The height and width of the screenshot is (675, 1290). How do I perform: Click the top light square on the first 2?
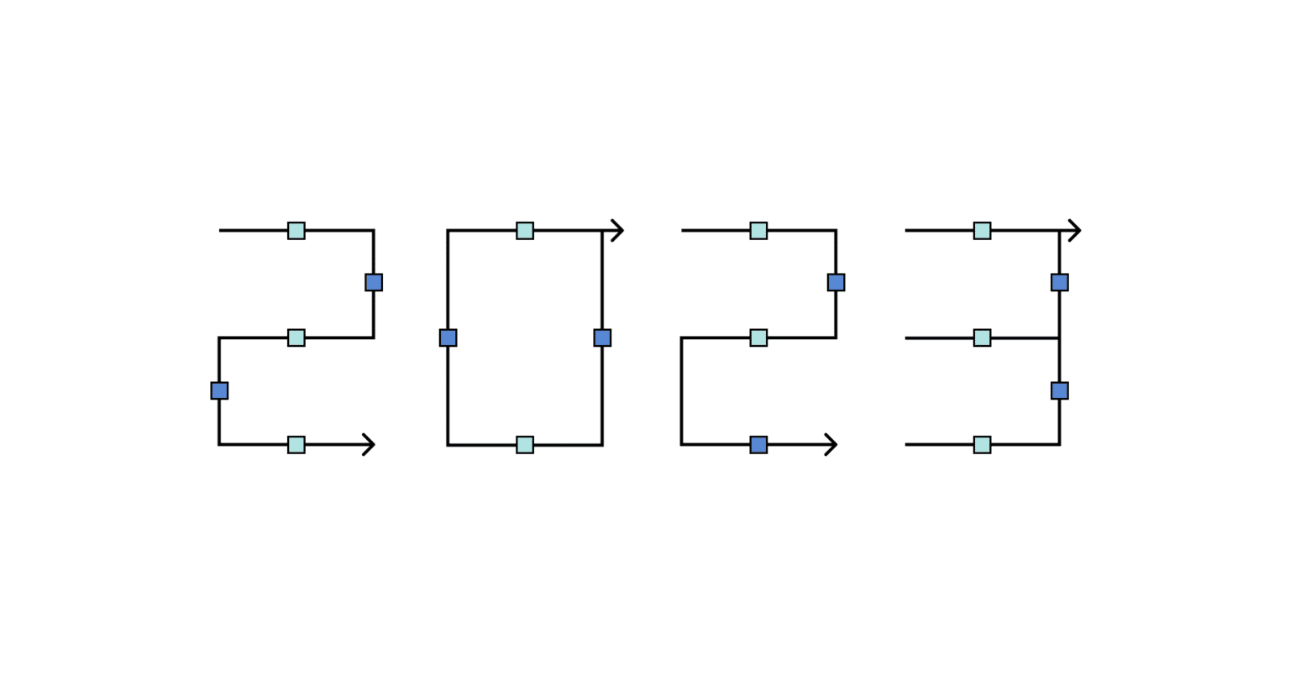coord(296,231)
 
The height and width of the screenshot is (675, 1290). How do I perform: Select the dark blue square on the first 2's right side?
coord(374,282)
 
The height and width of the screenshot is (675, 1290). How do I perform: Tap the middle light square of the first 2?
coord(296,337)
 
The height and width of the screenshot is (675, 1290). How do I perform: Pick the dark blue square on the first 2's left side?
coord(219,390)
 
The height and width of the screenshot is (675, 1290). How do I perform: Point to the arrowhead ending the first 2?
coord(368,444)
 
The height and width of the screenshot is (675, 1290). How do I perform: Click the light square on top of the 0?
coord(525,231)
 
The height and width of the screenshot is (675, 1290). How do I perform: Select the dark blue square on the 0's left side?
coord(448,337)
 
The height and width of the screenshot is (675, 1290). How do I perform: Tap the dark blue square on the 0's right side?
coord(602,337)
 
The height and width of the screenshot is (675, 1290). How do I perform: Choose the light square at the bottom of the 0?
coord(525,444)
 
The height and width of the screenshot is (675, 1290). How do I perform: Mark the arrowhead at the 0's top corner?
coord(617,230)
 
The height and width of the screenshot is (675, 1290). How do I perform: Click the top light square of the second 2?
coord(758,231)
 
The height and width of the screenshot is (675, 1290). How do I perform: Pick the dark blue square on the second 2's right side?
coord(836,282)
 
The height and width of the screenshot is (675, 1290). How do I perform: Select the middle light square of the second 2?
coord(758,337)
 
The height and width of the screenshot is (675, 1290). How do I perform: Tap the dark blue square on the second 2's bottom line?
coord(758,444)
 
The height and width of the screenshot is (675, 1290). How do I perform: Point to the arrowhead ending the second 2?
coord(831,444)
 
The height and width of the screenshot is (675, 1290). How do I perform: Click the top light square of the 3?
coord(982,231)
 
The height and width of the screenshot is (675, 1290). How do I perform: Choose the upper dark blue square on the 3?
coord(1060,282)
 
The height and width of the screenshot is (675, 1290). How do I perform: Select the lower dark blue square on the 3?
coord(1060,390)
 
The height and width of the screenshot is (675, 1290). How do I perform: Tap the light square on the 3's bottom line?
coord(982,444)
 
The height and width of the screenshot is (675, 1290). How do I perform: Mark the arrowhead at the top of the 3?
coord(1074,230)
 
